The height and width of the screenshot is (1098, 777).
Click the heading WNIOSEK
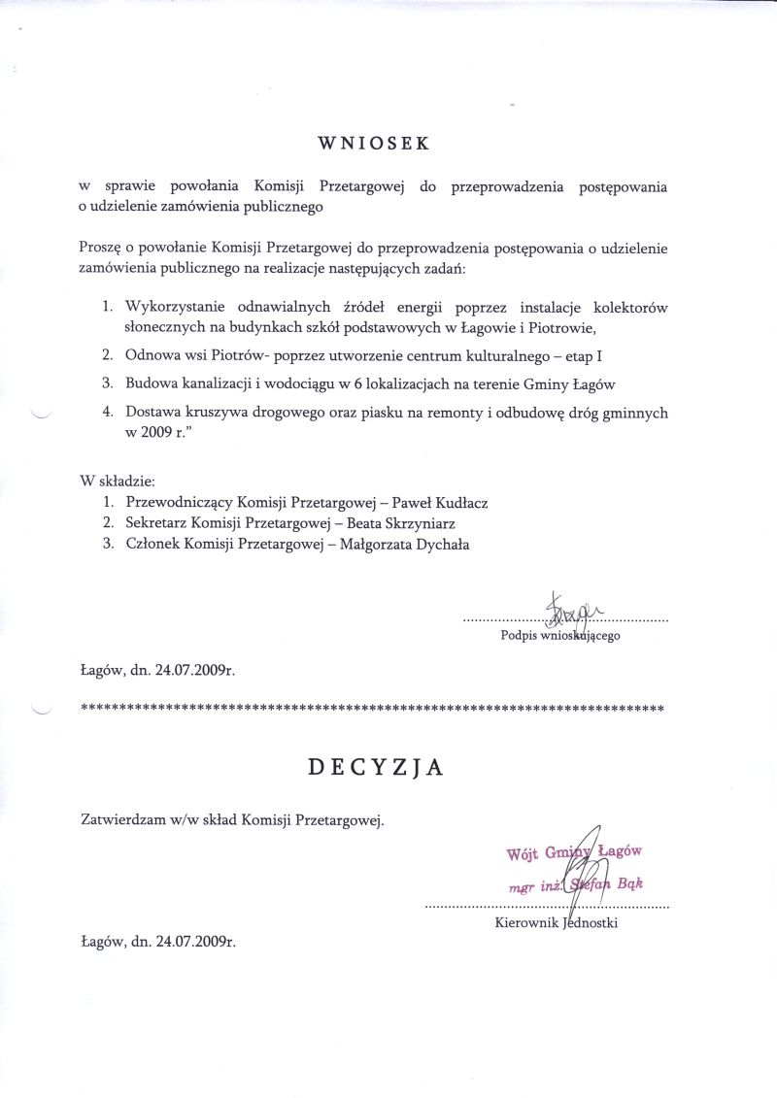(x=374, y=144)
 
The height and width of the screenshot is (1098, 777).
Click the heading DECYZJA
(x=376, y=767)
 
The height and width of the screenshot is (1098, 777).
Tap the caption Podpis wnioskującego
(x=559, y=637)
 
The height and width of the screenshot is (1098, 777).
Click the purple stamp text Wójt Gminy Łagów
(x=574, y=853)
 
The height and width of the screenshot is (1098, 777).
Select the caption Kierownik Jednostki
(x=556, y=922)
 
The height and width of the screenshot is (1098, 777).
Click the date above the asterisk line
(x=158, y=670)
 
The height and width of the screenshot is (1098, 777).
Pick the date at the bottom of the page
(x=158, y=941)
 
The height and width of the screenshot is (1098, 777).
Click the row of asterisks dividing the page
(x=372, y=710)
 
